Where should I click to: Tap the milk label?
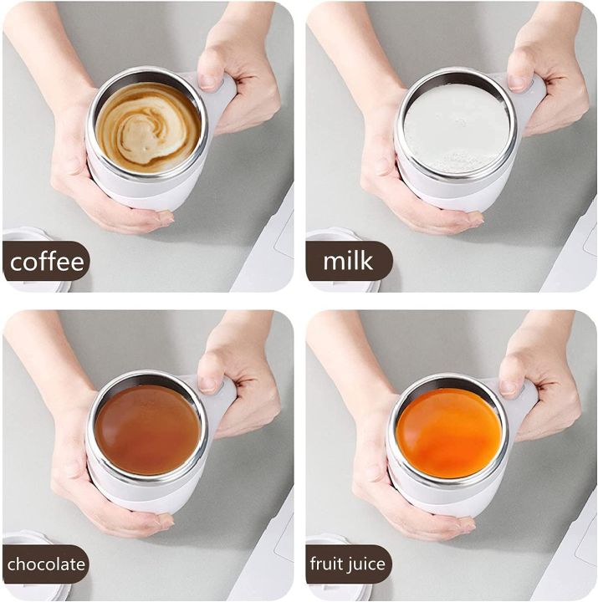(348, 262)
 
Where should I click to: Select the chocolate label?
(46, 564)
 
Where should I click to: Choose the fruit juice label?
(348, 564)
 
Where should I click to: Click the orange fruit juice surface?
(449, 432)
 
